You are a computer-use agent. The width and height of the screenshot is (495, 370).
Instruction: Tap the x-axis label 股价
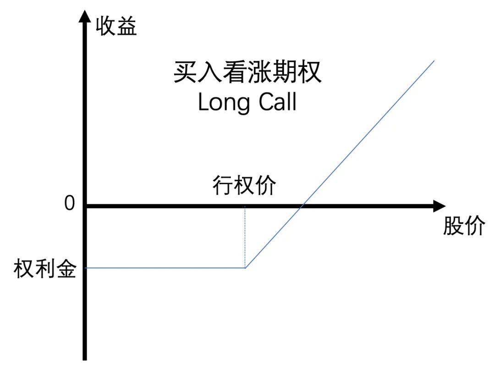click(464, 226)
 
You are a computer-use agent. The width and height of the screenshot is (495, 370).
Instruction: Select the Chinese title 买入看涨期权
click(247, 72)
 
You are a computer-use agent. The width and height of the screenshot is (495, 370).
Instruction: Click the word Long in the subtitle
click(224, 102)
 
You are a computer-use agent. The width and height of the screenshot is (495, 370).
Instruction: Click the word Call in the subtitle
click(277, 102)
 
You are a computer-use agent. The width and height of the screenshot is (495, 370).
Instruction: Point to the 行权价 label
click(244, 185)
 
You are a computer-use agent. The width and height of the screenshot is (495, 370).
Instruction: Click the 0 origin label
click(70, 203)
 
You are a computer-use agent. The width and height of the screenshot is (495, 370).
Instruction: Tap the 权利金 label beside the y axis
click(45, 269)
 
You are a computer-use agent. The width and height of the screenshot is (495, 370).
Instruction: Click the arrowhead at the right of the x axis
click(440, 206)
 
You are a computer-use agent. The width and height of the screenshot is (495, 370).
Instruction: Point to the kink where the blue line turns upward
click(245, 268)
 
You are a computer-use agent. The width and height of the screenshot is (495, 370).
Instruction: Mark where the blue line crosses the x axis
click(302, 206)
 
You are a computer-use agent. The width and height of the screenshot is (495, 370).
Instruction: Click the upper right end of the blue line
click(434, 60)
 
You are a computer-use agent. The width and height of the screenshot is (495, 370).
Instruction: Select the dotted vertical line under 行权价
click(245, 237)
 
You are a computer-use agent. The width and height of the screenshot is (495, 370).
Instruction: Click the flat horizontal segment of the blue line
click(165, 268)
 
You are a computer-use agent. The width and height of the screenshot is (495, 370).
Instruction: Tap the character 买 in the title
click(185, 72)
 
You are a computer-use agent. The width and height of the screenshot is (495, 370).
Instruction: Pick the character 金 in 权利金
click(66, 269)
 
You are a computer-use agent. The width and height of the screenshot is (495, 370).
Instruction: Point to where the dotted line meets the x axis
click(245, 206)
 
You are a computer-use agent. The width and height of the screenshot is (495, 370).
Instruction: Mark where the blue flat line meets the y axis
click(85, 268)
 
